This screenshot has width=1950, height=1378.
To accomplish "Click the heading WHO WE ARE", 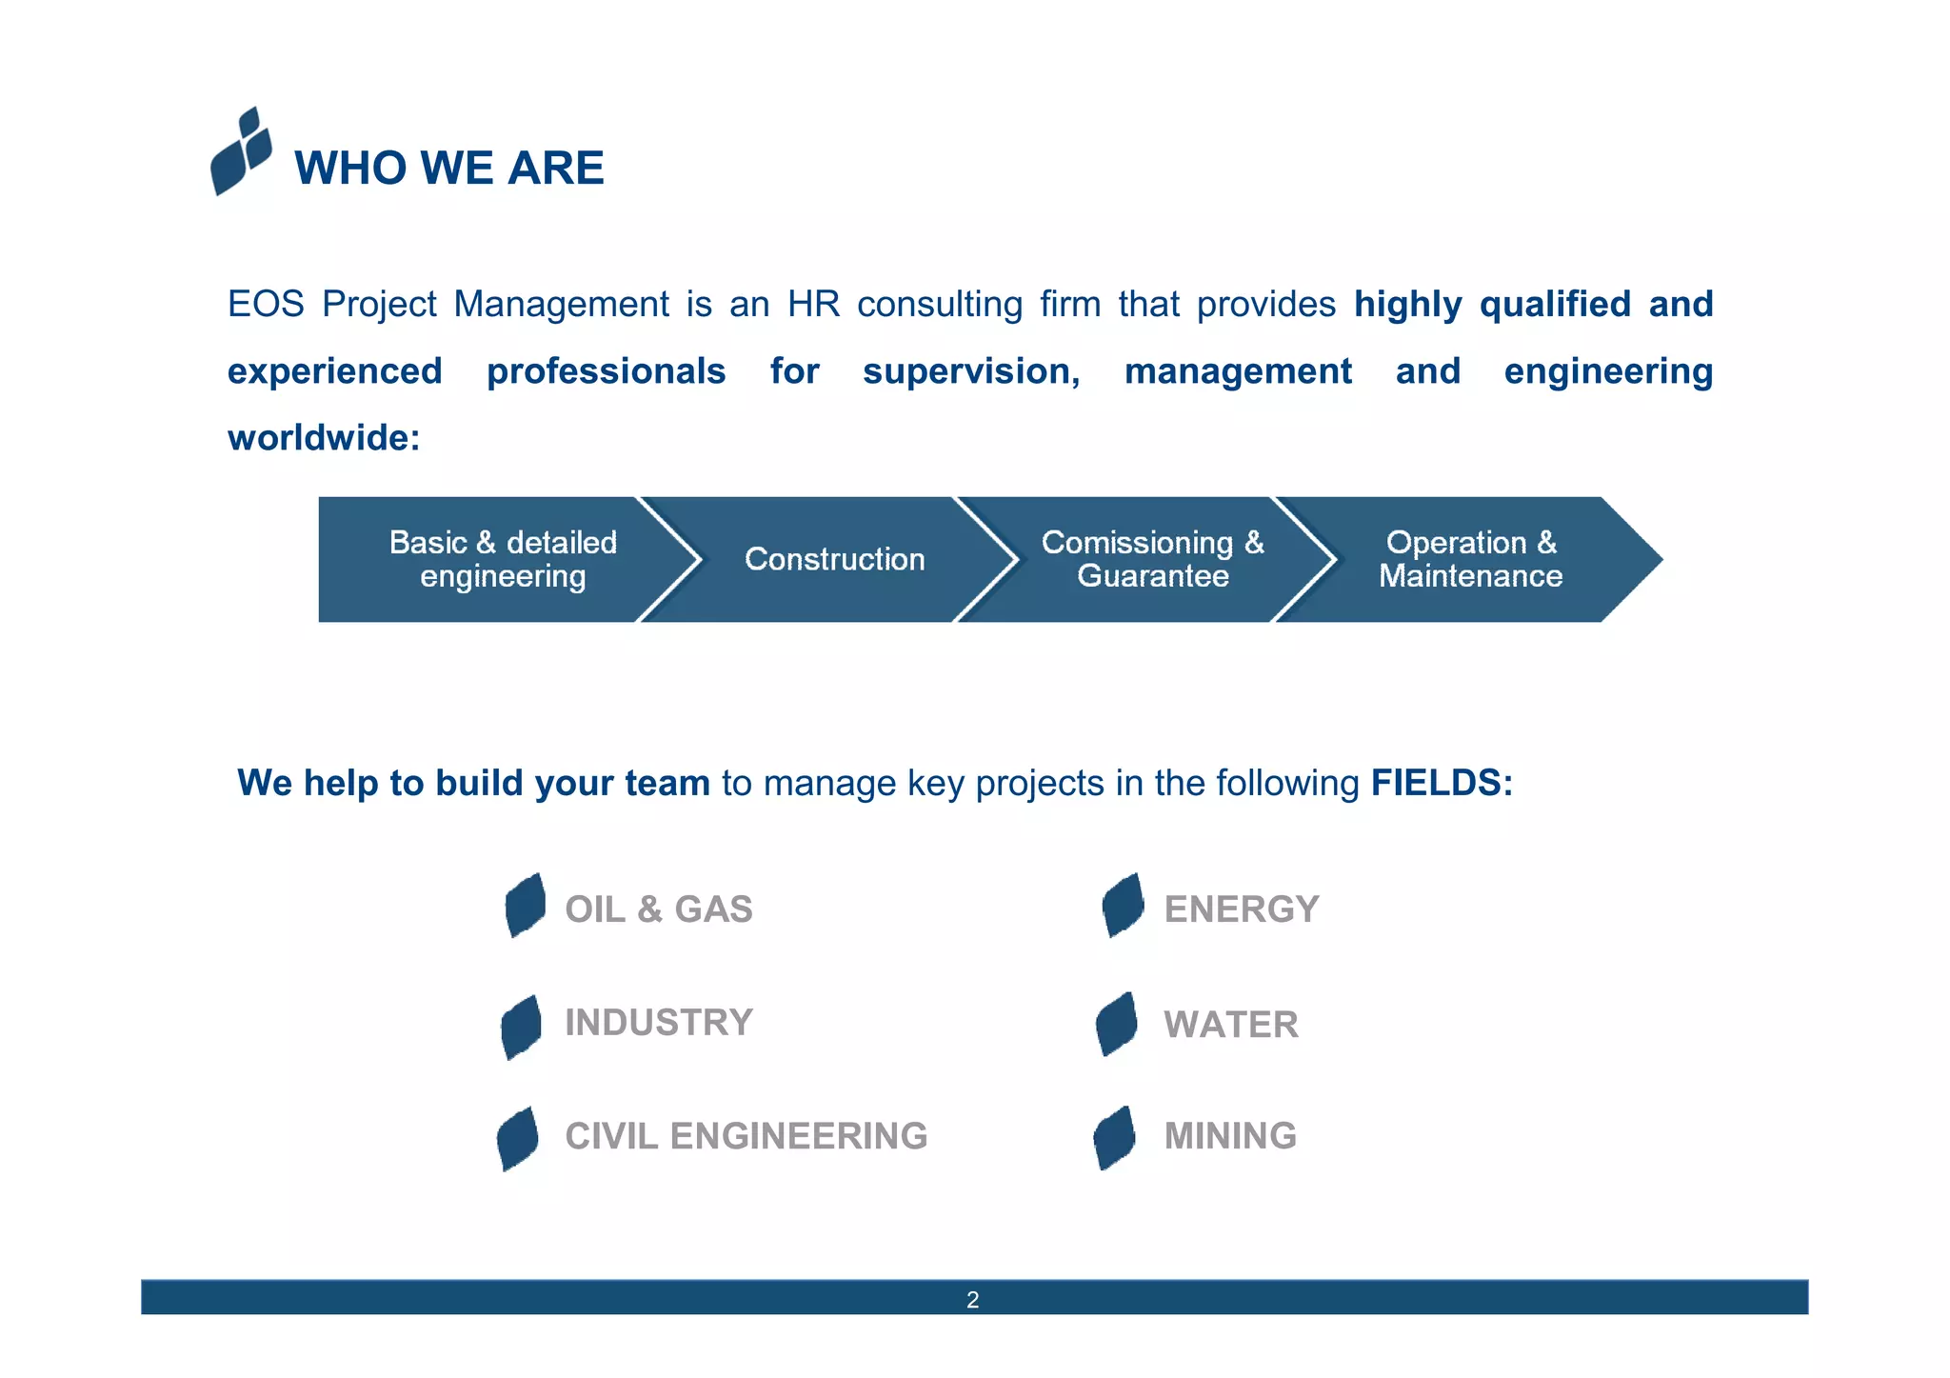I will coord(448,169).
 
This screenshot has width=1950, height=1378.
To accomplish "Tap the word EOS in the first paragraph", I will coord(266,305).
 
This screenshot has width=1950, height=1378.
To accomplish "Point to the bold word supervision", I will coord(971,371).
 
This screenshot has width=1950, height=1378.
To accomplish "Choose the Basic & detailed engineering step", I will coord(503,559).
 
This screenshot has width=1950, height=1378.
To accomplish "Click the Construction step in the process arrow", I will coord(834,559).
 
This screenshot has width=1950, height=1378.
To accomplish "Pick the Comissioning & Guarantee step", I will coord(1152,559).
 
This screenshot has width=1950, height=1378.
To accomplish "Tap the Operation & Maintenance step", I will coord(1470,559).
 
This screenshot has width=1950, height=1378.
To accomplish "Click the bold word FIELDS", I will coord(1441,783).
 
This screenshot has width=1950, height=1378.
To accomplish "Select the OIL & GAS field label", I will coord(658,909).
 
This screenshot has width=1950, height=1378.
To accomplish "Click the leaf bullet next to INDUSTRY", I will coord(521,1027).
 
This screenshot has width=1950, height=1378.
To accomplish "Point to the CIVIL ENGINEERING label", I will coord(746,1136).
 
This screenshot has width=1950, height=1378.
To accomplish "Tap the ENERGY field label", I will coord(1241,909).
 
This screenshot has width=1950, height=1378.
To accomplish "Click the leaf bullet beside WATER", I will coord(1116,1025).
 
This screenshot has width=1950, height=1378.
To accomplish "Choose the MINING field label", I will coord(1230,1136).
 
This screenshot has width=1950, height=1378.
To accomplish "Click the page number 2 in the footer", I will coord(972,1300).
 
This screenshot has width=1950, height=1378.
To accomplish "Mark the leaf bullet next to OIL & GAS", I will coord(525,906).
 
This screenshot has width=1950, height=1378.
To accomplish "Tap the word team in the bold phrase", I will coord(667,783).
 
